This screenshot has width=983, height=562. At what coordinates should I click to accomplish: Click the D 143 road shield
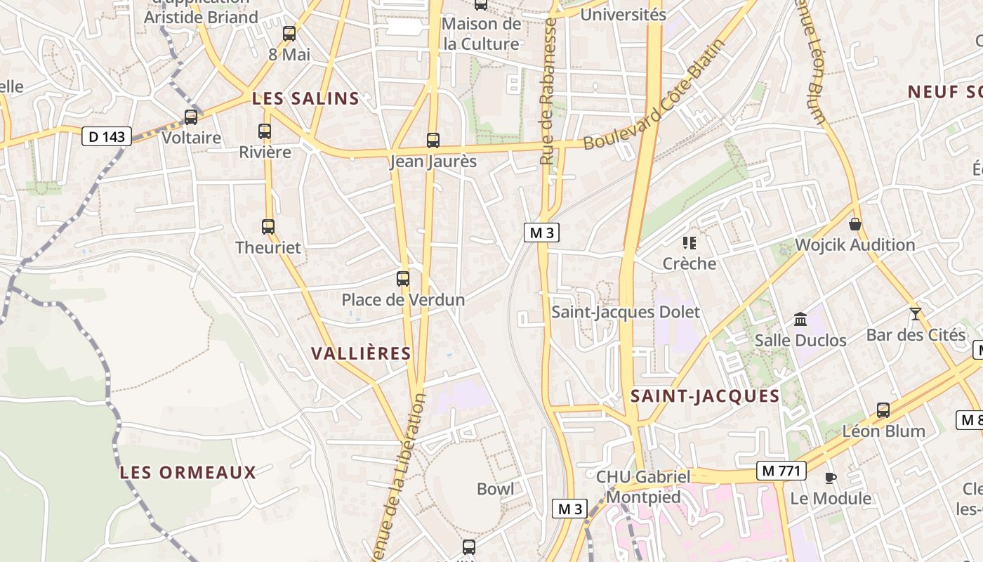[x=107, y=136]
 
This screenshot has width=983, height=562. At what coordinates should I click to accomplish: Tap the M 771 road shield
[x=780, y=471]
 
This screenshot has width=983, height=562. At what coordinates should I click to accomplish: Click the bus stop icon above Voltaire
[x=191, y=117]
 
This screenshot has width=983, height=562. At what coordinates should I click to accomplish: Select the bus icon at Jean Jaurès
[x=433, y=140]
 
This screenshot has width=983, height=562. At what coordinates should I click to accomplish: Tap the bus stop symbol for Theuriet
[x=268, y=226]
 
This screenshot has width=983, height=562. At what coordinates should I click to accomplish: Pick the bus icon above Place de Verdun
[x=403, y=279]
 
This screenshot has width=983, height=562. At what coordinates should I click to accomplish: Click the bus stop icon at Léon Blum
[x=883, y=410]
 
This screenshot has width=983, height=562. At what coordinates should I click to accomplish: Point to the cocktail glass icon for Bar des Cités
[x=915, y=313]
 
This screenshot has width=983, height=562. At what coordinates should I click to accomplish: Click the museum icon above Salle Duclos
[x=800, y=320]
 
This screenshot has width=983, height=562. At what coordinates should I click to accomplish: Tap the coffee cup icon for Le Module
[x=831, y=478]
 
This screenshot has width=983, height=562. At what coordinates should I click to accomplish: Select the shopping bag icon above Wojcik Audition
[x=855, y=224]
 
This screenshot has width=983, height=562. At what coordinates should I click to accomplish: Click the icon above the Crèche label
[x=690, y=243]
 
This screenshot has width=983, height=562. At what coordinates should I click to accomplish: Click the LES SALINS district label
[x=305, y=99]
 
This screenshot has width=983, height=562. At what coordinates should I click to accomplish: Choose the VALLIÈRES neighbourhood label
[x=361, y=353]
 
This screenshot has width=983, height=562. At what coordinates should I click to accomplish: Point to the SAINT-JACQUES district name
[x=705, y=396]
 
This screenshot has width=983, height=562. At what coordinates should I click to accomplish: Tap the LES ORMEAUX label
[x=188, y=472]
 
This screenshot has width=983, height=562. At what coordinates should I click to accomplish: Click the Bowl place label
[x=495, y=489]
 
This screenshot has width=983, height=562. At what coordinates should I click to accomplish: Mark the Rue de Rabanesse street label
[x=549, y=91]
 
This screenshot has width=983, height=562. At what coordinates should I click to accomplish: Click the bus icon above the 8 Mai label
[x=289, y=33]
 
